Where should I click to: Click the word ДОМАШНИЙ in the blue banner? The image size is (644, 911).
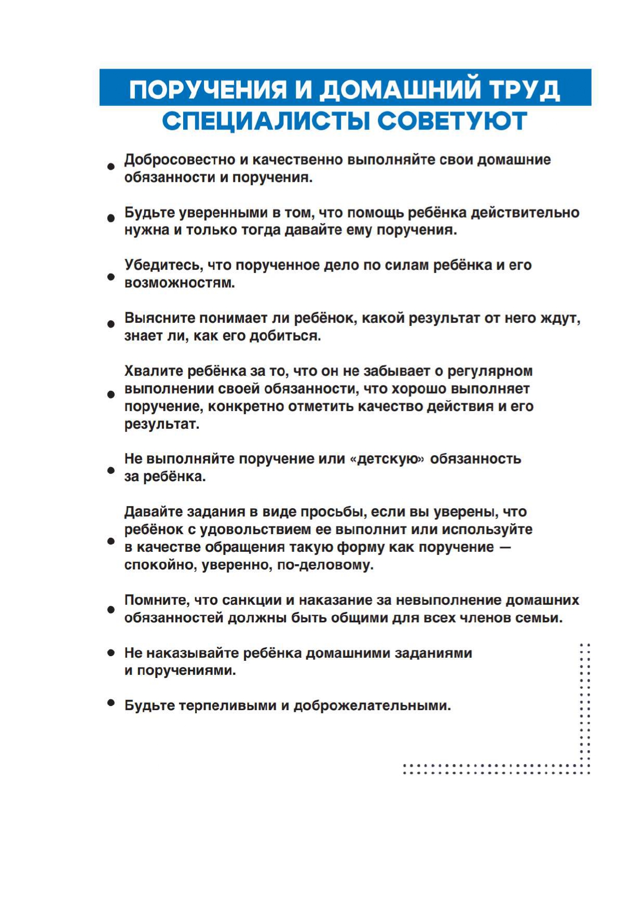[x=400, y=89]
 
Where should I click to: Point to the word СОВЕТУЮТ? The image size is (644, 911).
[x=453, y=121]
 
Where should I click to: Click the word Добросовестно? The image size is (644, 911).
[x=179, y=160]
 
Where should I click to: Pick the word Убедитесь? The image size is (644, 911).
[x=163, y=265]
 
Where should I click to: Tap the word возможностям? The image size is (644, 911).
[x=180, y=283]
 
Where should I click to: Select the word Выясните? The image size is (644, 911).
[x=159, y=318]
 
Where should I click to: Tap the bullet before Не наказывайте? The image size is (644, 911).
[x=111, y=652]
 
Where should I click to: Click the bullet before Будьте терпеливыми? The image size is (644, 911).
[x=111, y=703]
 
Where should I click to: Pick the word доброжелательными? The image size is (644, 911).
[x=372, y=706]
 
